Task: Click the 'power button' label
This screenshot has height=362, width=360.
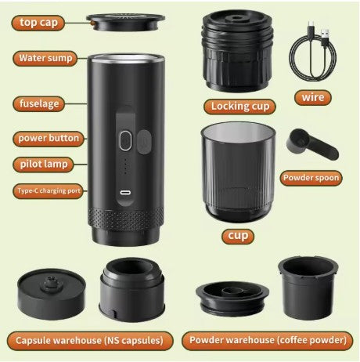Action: click(x=49, y=138)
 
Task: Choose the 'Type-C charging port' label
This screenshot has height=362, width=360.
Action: click(x=46, y=190)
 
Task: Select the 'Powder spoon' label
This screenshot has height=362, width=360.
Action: click(x=311, y=177)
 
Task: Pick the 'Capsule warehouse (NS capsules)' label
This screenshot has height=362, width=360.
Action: click(x=88, y=340)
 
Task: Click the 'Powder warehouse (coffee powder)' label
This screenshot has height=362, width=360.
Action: click(x=266, y=340)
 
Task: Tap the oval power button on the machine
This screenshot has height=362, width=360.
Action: click(x=124, y=141)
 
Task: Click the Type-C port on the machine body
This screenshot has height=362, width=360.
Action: click(x=124, y=194)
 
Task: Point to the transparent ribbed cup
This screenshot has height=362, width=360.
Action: click(x=237, y=173)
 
